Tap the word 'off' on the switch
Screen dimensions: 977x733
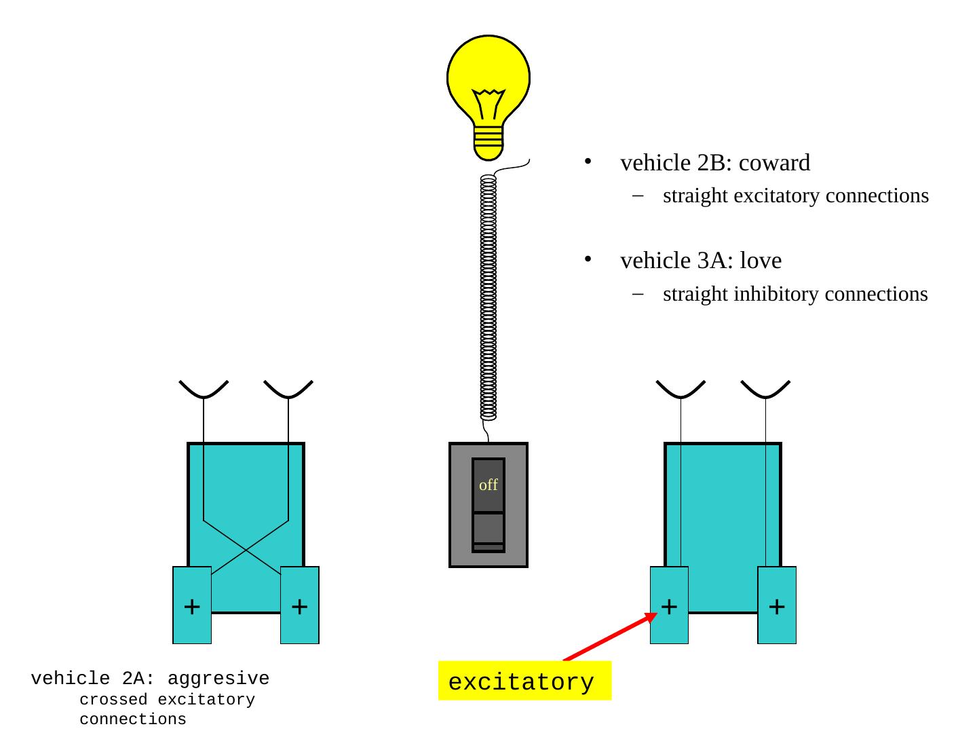tap(488, 485)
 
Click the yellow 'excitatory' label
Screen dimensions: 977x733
tap(521, 681)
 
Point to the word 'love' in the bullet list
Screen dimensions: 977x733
tap(761, 261)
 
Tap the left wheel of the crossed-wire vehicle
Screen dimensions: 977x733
tap(192, 605)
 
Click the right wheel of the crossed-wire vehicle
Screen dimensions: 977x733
tap(300, 605)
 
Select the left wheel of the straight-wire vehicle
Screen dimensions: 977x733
tap(670, 605)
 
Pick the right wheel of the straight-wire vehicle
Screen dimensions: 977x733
tap(777, 605)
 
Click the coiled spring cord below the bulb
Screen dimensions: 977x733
tap(488, 299)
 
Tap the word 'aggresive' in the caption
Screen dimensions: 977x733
tap(218, 678)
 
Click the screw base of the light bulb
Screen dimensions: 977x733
tap(488, 141)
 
